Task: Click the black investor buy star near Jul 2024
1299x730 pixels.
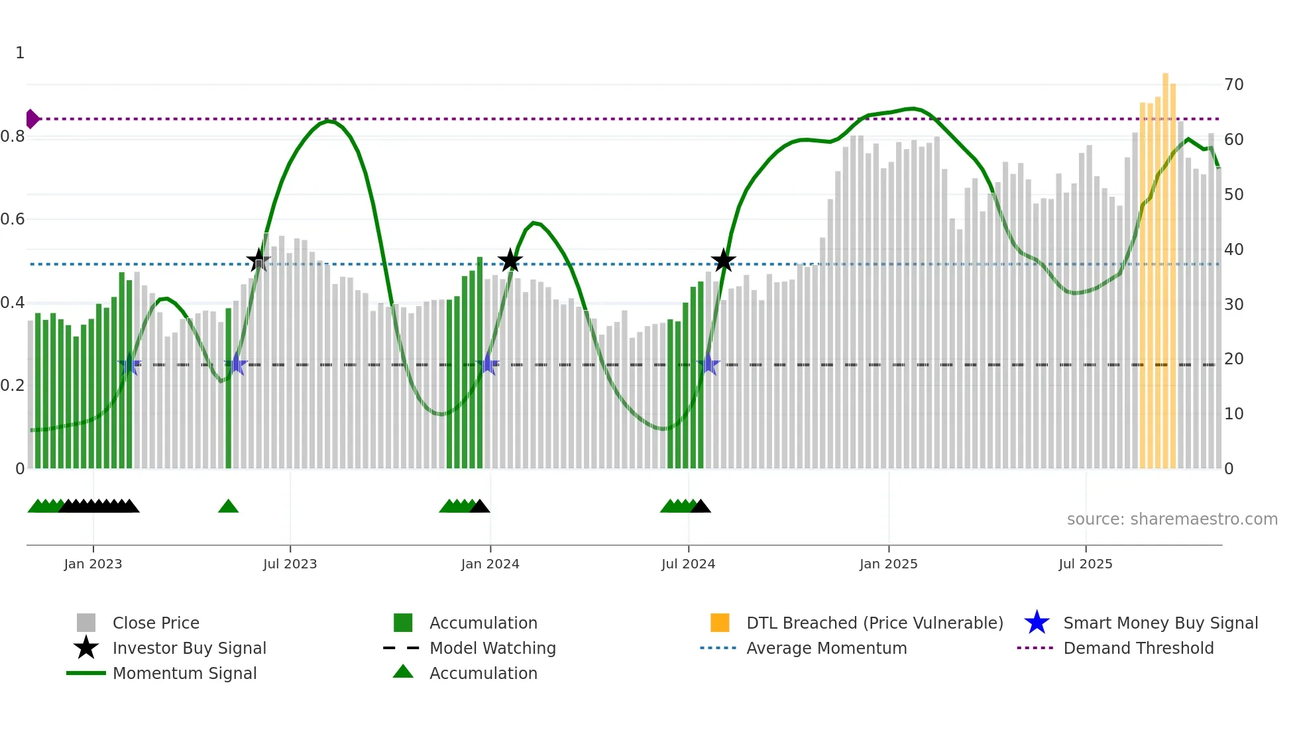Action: tap(723, 261)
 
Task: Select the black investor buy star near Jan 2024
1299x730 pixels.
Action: tap(510, 261)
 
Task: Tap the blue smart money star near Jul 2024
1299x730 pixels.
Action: tap(708, 364)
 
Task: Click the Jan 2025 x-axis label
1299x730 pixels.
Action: tap(888, 564)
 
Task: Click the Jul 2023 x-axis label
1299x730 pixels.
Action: tap(290, 564)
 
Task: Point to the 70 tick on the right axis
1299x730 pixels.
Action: tap(1233, 85)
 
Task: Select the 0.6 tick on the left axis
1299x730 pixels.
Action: tap(12, 219)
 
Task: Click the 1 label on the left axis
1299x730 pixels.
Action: tap(20, 53)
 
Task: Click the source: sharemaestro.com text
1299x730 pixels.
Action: tap(1172, 519)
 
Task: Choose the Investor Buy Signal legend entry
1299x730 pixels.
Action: tap(189, 648)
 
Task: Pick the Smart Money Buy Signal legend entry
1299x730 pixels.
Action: tap(1160, 623)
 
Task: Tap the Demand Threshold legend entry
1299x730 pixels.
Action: tap(1138, 648)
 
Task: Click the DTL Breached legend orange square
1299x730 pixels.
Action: tap(719, 623)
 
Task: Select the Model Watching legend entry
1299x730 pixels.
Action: tap(492, 648)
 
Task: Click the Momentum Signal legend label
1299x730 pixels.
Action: tap(184, 673)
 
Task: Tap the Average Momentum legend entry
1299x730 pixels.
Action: tap(826, 648)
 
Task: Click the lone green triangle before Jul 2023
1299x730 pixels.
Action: tap(228, 507)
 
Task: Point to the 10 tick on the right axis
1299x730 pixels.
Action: tap(1233, 414)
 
